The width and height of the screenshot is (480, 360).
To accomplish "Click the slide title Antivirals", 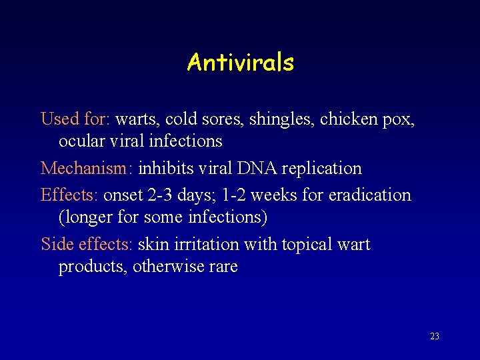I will pyautogui.click(x=240, y=63).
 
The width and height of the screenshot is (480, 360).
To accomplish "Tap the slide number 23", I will pyautogui.click(x=435, y=337).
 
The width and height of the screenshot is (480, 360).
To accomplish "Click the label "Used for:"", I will pyautogui.click(x=75, y=119).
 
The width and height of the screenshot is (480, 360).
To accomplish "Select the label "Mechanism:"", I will pyautogui.click(x=87, y=168).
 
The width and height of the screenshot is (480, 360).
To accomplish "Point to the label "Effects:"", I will pyautogui.click(x=69, y=195).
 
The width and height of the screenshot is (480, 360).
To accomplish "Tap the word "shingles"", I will pyautogui.click(x=282, y=120).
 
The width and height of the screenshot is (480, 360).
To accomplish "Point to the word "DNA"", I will pyautogui.click(x=257, y=168).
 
